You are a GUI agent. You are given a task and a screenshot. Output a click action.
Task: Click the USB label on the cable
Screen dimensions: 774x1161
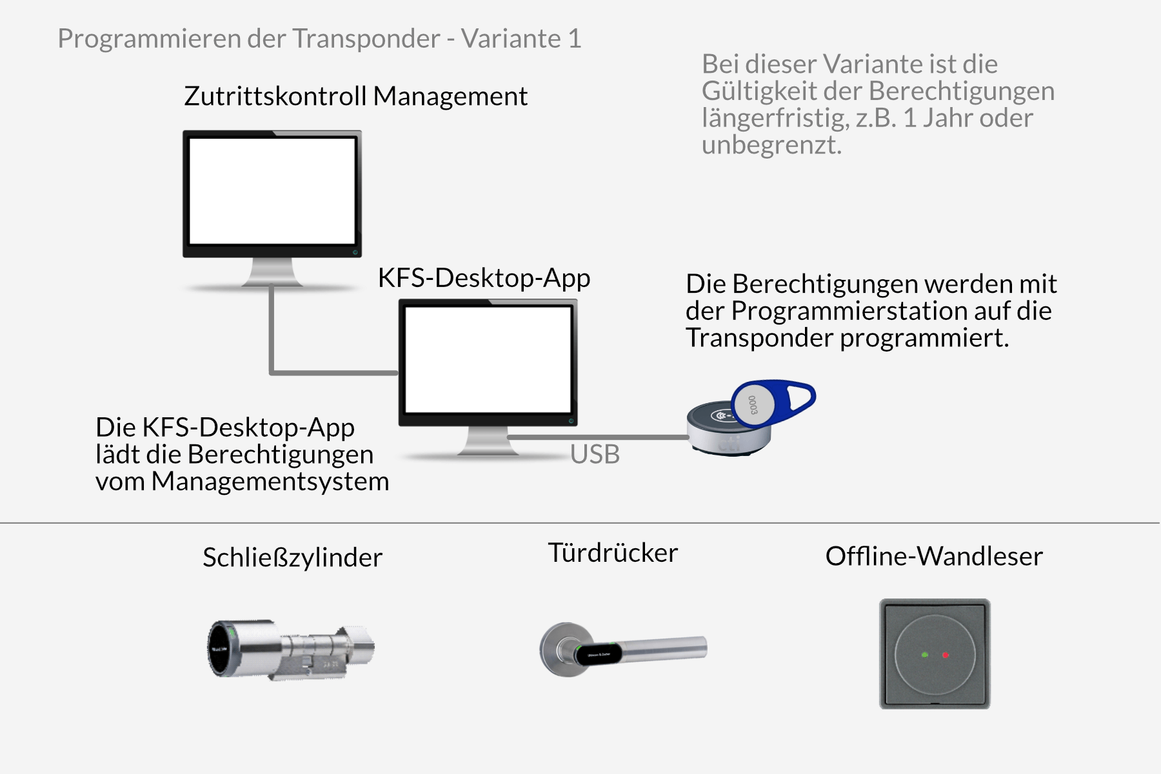click(x=595, y=455)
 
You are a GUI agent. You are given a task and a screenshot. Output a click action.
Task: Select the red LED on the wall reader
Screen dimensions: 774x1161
click(x=946, y=655)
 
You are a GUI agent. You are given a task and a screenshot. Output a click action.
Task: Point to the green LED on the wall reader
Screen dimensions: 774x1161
click(x=925, y=655)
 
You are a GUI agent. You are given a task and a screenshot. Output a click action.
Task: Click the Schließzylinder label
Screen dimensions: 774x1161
click(x=292, y=557)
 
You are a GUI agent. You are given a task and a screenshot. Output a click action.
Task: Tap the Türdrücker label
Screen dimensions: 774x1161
click(x=613, y=553)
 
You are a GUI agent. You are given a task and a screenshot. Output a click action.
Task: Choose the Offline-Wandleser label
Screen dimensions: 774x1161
click(x=933, y=556)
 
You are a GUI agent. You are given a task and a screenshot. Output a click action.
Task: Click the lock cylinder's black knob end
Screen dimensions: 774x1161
click(x=222, y=648)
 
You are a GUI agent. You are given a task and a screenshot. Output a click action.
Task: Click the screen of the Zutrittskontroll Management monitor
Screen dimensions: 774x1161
click(x=272, y=191)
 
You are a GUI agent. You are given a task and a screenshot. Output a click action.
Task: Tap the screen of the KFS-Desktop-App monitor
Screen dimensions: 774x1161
click(x=488, y=359)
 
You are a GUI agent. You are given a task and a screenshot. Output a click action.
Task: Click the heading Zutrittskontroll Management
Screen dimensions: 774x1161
click(x=355, y=96)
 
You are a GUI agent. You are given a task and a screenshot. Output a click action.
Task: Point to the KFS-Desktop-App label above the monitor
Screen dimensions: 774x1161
click(x=484, y=278)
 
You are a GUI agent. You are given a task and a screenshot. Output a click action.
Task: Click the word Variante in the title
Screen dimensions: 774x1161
click(x=510, y=39)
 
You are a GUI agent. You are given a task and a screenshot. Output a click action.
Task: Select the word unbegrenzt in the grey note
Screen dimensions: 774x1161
click(x=771, y=145)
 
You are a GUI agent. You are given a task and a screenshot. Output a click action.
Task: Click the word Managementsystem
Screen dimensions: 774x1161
click(x=270, y=481)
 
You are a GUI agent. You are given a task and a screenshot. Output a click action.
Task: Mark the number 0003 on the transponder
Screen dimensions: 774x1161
click(x=753, y=406)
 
